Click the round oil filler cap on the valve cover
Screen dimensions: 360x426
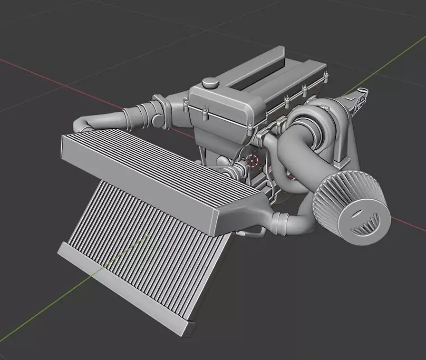pos(209,83)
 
